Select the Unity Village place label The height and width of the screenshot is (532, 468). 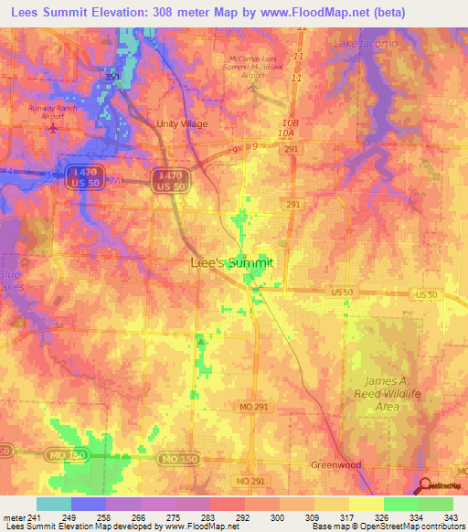pos(182,123)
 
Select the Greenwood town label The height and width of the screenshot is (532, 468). pos(335,464)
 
